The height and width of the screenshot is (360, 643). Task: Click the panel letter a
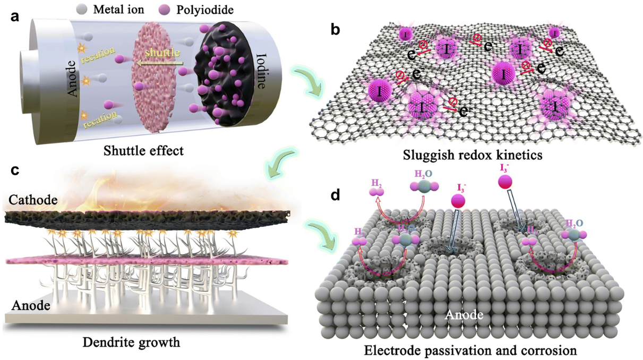click(15, 16)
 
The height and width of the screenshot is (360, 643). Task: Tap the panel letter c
click(15, 170)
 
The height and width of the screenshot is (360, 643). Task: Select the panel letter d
click(335, 195)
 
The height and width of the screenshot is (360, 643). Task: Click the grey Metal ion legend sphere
click(82, 10)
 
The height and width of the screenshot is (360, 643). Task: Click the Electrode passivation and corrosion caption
click(469, 351)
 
